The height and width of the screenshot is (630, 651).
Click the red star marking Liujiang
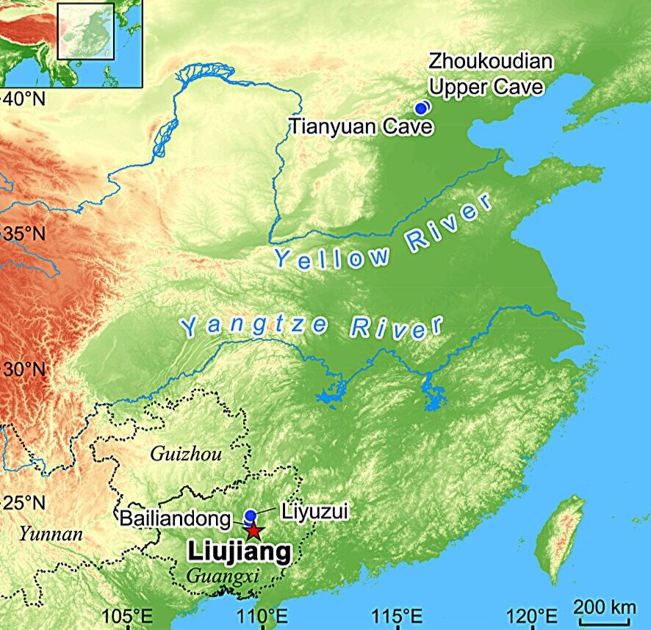(x=253, y=530)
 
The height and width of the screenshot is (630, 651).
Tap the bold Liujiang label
(x=240, y=552)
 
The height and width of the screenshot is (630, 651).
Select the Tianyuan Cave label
(x=360, y=126)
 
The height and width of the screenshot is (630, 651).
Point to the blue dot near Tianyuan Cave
(x=421, y=108)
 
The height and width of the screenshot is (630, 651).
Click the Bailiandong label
(x=176, y=518)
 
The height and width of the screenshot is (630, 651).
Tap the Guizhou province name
(x=186, y=455)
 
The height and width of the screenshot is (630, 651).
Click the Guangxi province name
(x=223, y=576)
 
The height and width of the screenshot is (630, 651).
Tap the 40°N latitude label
(x=24, y=98)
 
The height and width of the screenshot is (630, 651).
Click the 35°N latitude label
(x=24, y=234)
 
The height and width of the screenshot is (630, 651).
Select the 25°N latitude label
(x=24, y=504)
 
